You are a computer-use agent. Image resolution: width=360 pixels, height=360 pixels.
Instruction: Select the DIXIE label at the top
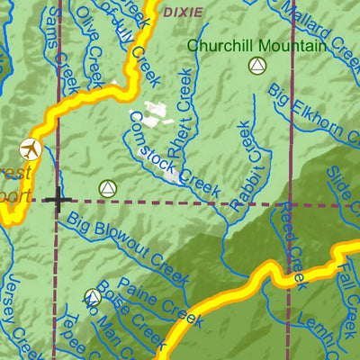[183, 12]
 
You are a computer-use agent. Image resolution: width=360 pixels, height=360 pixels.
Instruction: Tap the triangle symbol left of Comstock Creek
[108, 188]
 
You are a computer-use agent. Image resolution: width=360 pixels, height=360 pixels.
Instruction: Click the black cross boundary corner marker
[58, 200]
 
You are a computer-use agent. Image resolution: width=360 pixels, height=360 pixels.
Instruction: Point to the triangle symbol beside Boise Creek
[94, 297]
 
